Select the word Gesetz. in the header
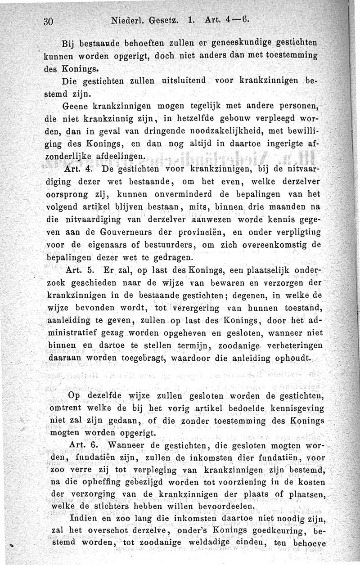172,20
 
